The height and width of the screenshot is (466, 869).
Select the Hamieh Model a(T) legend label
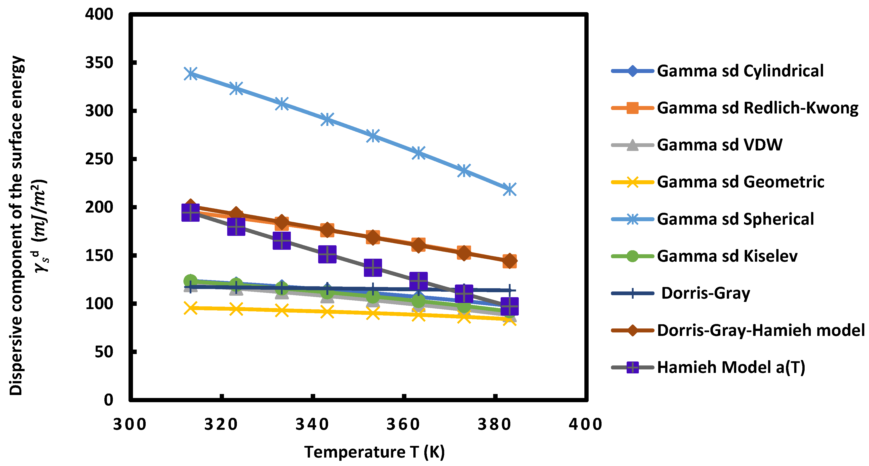pyautogui.click(x=731, y=367)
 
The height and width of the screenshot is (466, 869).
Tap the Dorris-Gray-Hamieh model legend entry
pyautogui.click(x=761, y=330)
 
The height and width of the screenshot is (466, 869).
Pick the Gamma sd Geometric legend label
pyautogui.click(x=740, y=182)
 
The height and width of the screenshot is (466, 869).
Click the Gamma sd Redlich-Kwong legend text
pyautogui.click(x=757, y=108)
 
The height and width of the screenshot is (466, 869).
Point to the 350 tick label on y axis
pyautogui.click(x=99, y=63)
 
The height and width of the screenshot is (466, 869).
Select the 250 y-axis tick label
pyautogui.click(x=99, y=159)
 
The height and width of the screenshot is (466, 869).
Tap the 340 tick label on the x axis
pyautogui.click(x=312, y=424)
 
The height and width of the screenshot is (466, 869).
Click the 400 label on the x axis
pyautogui.click(x=585, y=424)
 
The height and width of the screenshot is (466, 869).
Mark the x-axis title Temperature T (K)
pyautogui.click(x=374, y=452)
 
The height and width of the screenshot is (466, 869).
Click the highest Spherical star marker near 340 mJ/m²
pyautogui.click(x=191, y=73)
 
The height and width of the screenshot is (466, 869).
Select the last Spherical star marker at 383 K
pyautogui.click(x=509, y=189)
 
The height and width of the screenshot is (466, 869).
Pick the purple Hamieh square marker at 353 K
pyautogui.click(x=373, y=267)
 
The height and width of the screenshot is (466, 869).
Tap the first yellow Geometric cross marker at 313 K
pyautogui.click(x=191, y=308)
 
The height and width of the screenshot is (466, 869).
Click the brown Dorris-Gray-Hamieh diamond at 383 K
pyautogui.click(x=509, y=260)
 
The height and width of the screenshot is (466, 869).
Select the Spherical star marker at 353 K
pyautogui.click(x=373, y=136)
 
